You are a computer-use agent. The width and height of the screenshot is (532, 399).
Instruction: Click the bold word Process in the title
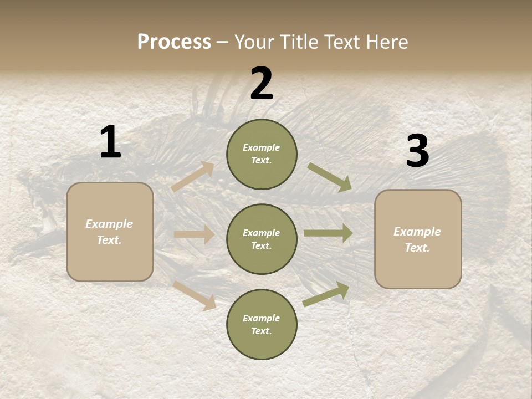click(x=174, y=42)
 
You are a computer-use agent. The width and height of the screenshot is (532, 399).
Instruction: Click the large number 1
click(x=110, y=142)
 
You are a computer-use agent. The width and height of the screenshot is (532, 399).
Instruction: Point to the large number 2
click(x=262, y=84)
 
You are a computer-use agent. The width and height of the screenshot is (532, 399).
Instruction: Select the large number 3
click(x=417, y=151)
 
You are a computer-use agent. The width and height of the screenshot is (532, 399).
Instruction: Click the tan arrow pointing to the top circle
click(x=193, y=176)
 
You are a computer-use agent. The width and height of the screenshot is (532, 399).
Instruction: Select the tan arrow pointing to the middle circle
click(x=194, y=234)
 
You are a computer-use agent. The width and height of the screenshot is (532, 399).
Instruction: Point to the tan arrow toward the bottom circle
click(x=195, y=295)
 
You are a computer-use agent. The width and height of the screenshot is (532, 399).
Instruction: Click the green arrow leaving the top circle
click(x=329, y=177)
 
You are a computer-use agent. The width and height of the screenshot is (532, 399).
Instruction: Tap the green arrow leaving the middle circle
click(x=328, y=233)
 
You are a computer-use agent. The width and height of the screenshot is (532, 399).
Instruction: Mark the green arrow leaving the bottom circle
click(x=326, y=294)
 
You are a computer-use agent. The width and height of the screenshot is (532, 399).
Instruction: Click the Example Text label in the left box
click(x=109, y=232)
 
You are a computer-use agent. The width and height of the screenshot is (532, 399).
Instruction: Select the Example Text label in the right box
click(x=417, y=239)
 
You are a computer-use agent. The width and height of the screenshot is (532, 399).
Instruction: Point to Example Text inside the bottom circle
click(x=261, y=325)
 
